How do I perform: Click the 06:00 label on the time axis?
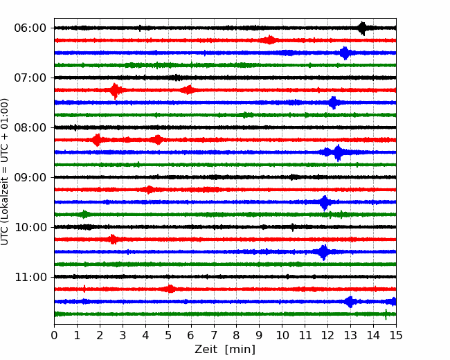(30, 28)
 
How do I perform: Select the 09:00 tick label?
(30, 178)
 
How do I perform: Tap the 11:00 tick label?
(30, 278)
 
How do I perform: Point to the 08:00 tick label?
(30, 128)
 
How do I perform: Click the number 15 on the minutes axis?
(396, 335)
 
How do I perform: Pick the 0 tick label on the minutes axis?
(54, 335)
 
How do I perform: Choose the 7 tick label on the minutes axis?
(214, 335)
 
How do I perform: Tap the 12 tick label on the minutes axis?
(327, 335)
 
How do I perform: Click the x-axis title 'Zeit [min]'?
(225, 350)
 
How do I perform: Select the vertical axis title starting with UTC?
(5, 172)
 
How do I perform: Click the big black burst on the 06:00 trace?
(363, 28)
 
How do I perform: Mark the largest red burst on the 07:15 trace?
(115, 91)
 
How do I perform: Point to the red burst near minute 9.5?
(270, 40)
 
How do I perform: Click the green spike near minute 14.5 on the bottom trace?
(386, 314)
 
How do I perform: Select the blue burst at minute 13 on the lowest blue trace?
(350, 302)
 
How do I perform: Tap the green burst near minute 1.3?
(84, 214)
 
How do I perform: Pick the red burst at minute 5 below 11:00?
(170, 289)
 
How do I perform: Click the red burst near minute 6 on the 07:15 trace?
(188, 90)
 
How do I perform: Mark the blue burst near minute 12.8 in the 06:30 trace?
(345, 53)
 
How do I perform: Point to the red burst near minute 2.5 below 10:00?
(113, 239)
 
